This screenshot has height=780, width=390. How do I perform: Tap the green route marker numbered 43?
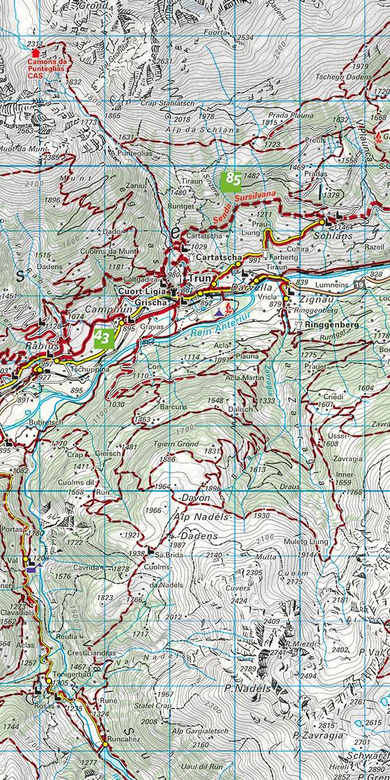coord(103,338)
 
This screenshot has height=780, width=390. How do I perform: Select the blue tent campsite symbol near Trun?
coord(219,306)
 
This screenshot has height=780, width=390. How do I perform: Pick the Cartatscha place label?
coord(219,257)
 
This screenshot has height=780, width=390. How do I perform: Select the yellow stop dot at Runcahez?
coord(104,744)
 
